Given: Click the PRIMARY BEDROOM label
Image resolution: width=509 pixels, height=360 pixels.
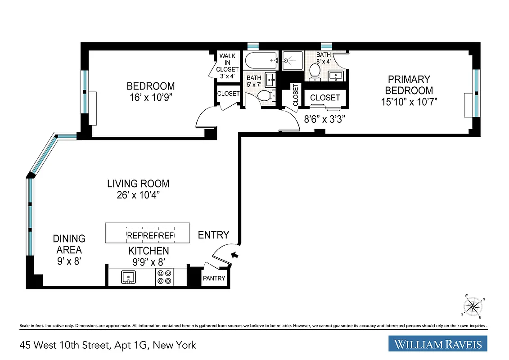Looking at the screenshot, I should point(409,85).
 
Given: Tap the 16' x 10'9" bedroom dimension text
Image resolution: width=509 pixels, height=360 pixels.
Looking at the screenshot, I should point(150,98).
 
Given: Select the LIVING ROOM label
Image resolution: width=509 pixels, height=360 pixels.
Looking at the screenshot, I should point(138,184).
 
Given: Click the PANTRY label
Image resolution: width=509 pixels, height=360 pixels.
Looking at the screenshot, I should point(214,278).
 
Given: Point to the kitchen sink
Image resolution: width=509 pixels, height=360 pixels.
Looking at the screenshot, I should point(129,277).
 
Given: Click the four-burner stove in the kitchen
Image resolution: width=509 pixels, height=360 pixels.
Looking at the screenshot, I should point(164,277).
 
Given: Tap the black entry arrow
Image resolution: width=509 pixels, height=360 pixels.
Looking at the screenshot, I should point(234,256).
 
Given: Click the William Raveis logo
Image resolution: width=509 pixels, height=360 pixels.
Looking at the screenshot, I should point(437,344).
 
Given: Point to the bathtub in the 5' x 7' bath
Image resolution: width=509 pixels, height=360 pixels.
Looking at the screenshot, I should point(261,60).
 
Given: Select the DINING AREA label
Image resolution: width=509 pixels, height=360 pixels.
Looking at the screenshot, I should point(69,244).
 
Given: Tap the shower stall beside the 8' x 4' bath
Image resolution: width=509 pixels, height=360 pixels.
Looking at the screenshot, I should point(293,60).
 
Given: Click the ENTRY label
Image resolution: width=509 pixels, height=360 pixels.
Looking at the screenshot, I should point(213,235).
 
